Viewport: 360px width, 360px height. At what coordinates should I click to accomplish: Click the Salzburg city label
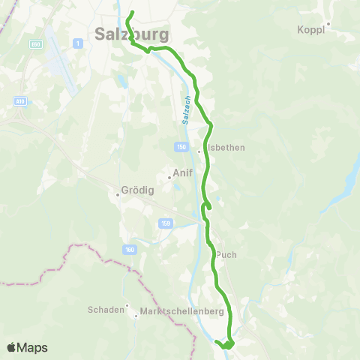[x=132, y=34]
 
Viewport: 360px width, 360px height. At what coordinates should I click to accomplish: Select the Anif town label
[x=183, y=173]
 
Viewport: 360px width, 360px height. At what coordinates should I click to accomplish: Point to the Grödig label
[x=136, y=190]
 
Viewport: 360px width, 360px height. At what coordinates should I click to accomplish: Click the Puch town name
[x=226, y=254]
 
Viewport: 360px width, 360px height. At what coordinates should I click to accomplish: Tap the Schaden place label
[x=106, y=309]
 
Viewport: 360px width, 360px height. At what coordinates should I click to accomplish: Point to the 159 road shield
[x=165, y=223]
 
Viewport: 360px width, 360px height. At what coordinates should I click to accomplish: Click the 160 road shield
[x=130, y=248]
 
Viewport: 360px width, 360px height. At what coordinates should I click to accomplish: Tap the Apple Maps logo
[x=27, y=347]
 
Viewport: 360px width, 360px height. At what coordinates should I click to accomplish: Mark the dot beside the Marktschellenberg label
[x=136, y=315]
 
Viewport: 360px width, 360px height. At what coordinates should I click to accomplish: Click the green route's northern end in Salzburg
[x=132, y=13]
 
